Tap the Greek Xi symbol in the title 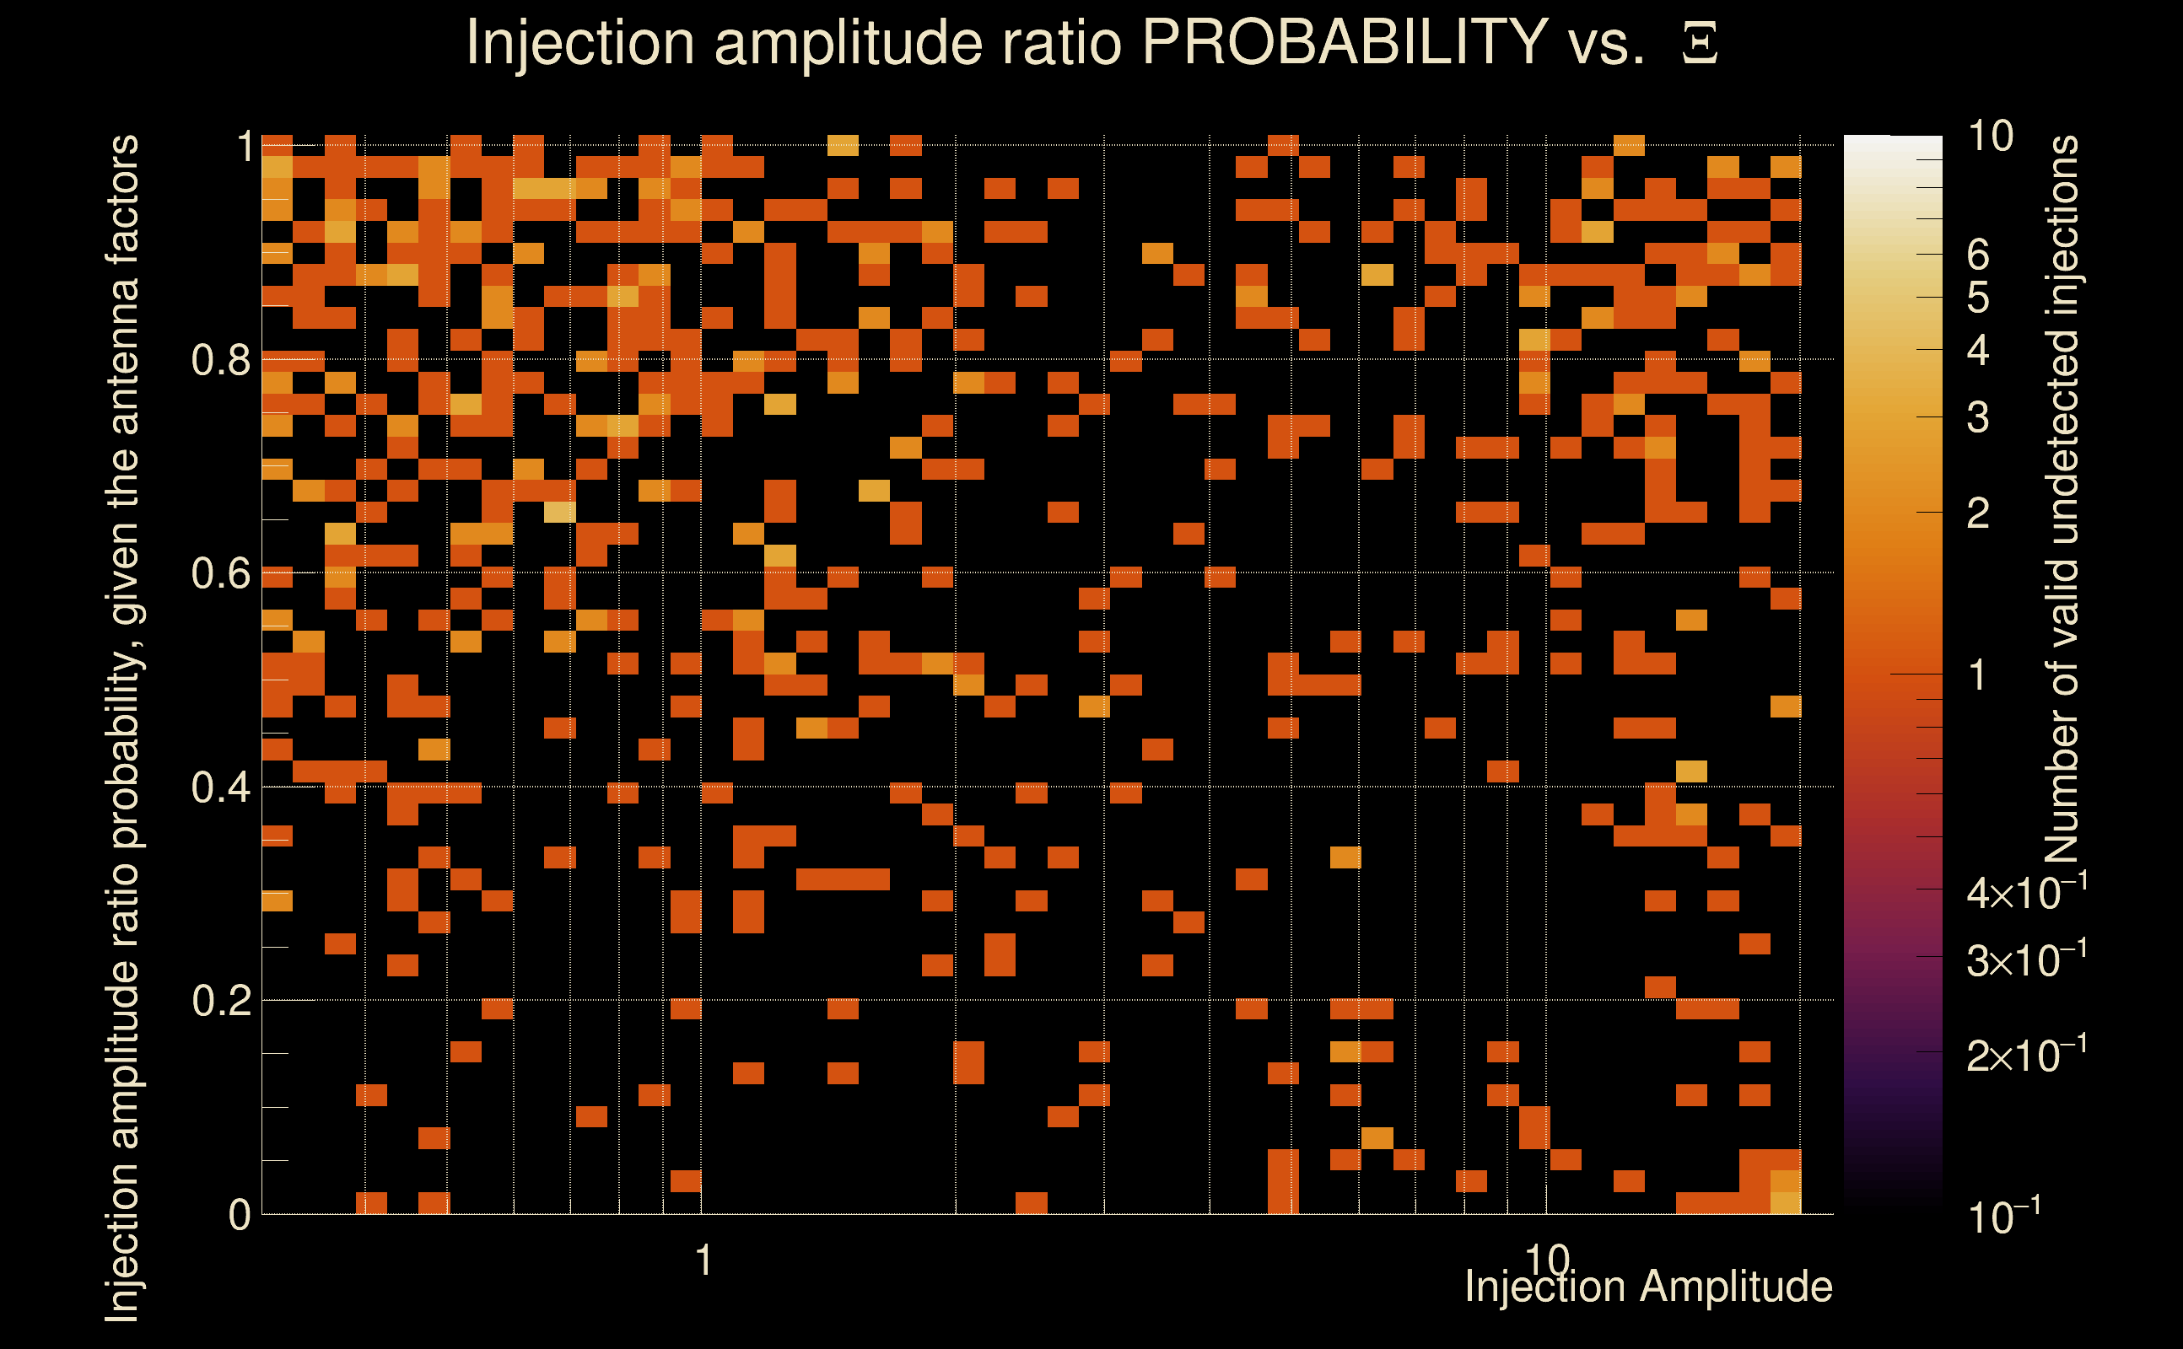1700,44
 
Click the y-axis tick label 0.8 220,361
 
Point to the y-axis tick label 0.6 220,573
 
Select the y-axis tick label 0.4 220,787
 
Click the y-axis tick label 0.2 220,1001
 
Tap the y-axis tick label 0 240,1215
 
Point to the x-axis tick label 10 1547,1260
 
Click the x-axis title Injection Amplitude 1648,1287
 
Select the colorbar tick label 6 1978,255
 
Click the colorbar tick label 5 1978,298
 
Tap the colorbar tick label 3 1978,417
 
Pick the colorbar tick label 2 1978,513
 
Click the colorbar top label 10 1990,137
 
